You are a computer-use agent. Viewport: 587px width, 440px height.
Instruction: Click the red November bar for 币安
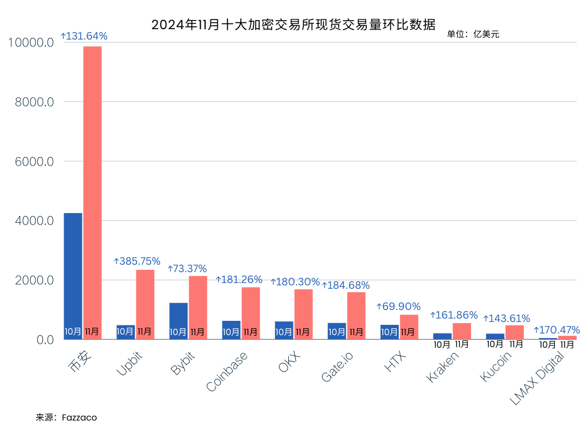92,192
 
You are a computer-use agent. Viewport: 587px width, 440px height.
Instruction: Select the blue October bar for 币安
73,276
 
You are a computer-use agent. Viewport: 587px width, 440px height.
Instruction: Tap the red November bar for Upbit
145,305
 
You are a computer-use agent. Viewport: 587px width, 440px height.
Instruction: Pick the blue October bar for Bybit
179,321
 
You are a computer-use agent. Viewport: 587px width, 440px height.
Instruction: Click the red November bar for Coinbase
251,313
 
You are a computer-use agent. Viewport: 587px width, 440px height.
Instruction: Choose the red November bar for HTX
409,327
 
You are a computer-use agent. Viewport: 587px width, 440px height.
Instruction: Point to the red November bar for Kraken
462,331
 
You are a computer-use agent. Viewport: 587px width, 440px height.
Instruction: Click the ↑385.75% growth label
137,261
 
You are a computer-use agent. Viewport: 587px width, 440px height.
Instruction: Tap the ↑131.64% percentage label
84,36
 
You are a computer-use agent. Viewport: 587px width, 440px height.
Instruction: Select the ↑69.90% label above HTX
399,307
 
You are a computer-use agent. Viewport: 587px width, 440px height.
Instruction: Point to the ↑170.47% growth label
557,329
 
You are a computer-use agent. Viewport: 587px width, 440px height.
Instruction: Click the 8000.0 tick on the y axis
34,102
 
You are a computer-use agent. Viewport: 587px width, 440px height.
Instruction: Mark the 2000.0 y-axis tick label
34,280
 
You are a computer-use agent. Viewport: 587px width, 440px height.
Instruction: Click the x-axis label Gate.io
337,367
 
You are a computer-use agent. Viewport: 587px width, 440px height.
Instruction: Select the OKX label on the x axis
289,362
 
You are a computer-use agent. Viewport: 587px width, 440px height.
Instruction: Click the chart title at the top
293,25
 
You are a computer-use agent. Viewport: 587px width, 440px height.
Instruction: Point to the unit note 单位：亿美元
473,34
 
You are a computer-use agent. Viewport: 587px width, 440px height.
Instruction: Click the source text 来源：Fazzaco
66,418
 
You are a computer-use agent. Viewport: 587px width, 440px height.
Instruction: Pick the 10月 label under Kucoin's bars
495,344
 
